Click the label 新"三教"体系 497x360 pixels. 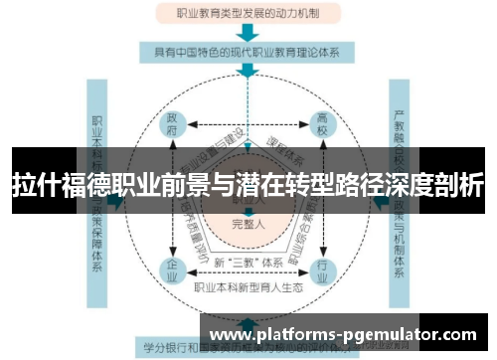click(247, 262)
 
